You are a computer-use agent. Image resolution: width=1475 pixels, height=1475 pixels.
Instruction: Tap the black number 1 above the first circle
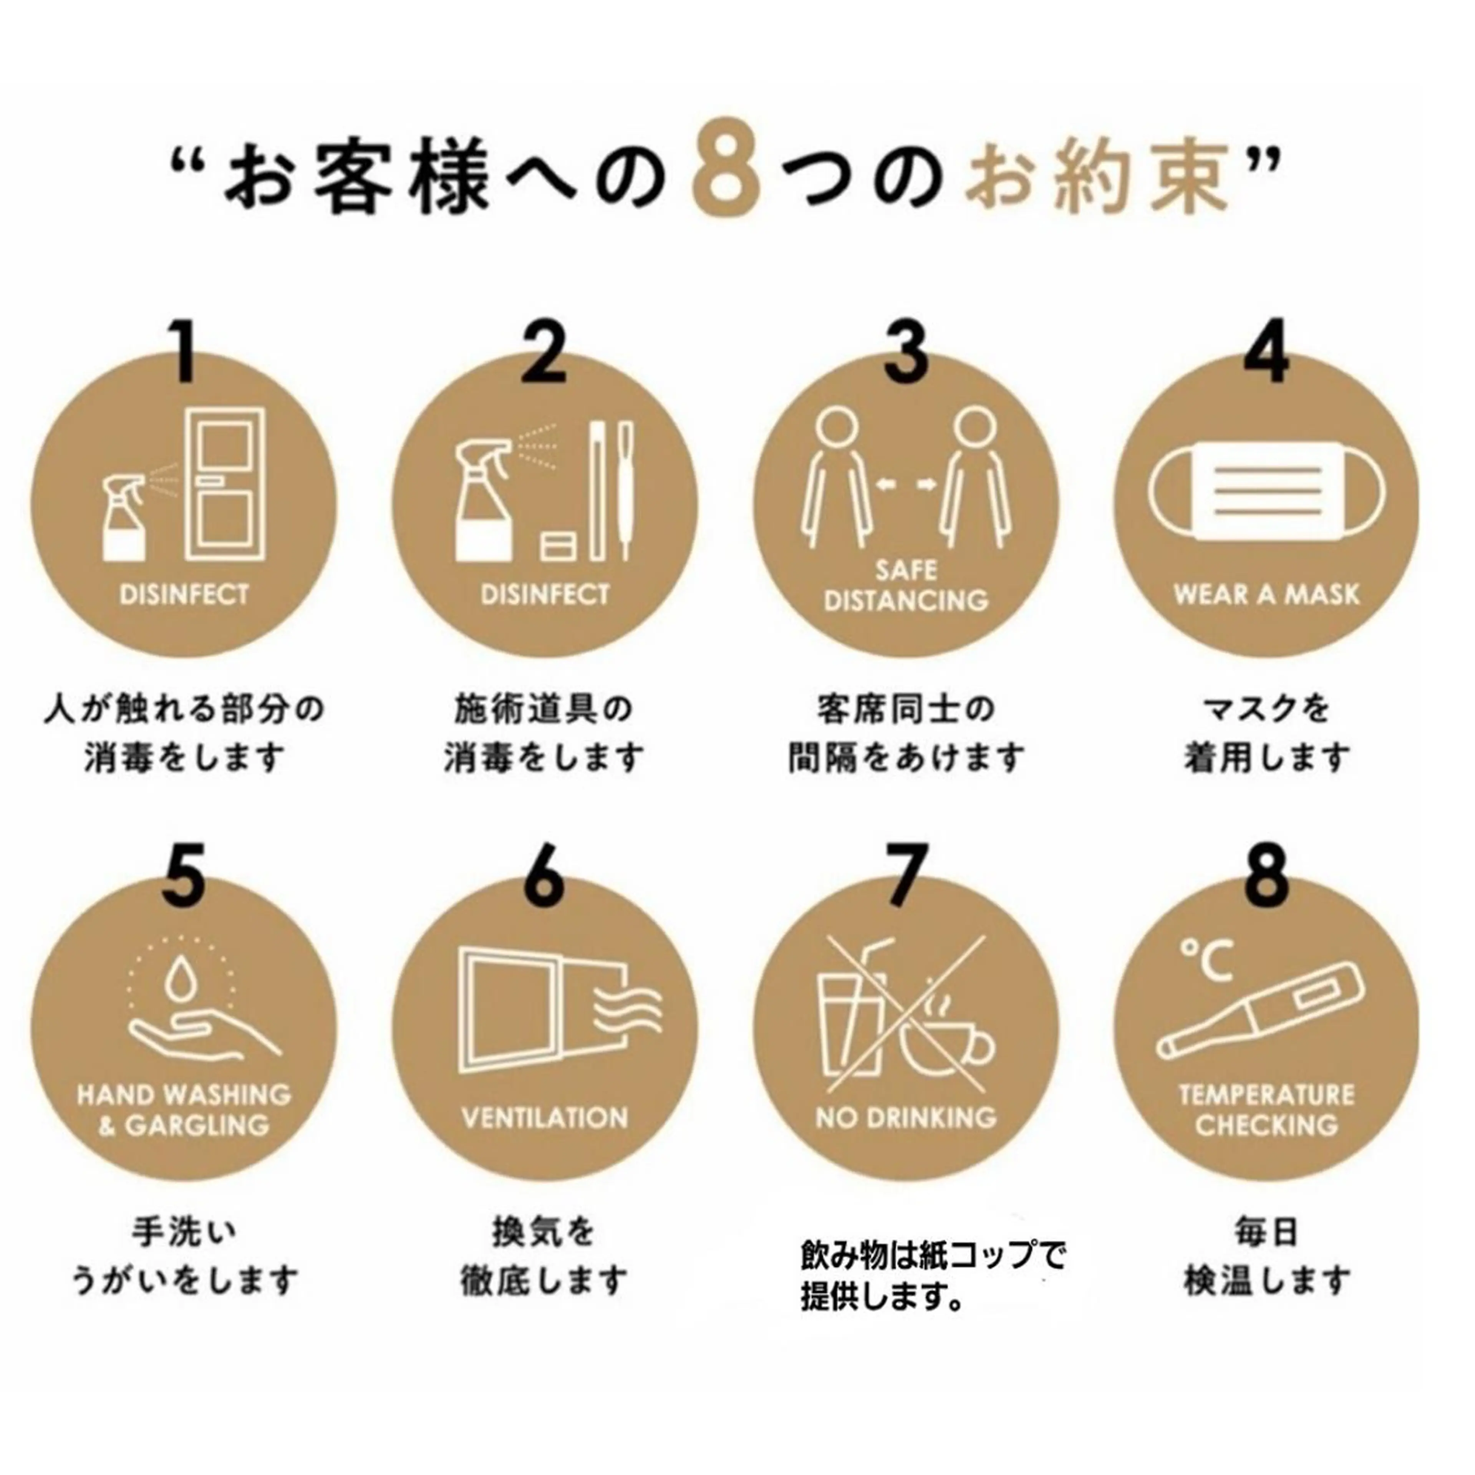tap(183, 351)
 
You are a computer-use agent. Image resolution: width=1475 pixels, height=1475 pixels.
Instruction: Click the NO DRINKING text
tap(906, 1118)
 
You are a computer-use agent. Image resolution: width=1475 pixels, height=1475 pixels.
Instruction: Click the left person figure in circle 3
tap(836, 477)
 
